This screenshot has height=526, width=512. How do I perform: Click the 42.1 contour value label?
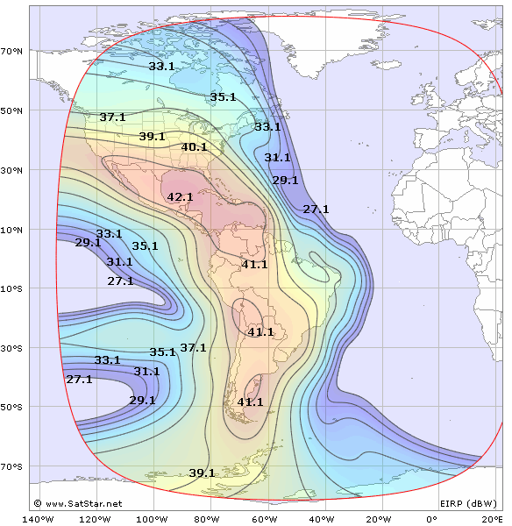[x=180, y=197]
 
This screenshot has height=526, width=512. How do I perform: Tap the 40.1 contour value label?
[x=194, y=147]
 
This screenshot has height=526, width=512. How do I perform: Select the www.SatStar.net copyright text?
[x=78, y=504]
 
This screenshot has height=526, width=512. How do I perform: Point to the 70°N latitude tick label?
[x=12, y=52]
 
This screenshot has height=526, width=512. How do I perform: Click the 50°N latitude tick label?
[x=12, y=110]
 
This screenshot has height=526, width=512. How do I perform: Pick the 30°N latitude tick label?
[x=12, y=170]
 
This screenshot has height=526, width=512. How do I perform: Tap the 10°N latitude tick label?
[x=12, y=230]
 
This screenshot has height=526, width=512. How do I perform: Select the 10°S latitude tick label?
[x=12, y=289]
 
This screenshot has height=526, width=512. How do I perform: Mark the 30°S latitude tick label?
[x=12, y=348]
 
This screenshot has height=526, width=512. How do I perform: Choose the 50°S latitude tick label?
[x=12, y=408]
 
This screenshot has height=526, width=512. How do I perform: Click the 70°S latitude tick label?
[x=12, y=466]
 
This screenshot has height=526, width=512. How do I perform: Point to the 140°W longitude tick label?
[x=35, y=518]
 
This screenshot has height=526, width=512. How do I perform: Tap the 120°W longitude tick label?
[x=95, y=518]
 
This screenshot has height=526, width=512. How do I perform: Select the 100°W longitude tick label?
[x=154, y=518]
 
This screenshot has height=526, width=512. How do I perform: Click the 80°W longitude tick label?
[x=213, y=518]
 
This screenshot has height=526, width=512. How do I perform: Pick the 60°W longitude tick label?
[x=273, y=518]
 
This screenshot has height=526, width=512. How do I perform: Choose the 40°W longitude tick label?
[x=332, y=518]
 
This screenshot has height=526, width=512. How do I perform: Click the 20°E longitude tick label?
[x=491, y=518]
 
